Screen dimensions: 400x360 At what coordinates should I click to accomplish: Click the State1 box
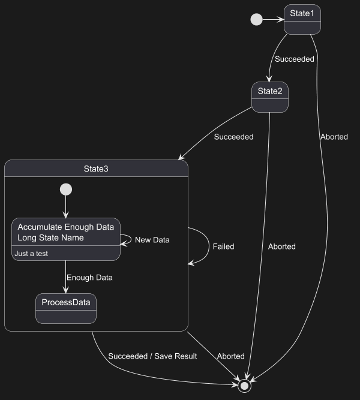(302, 19)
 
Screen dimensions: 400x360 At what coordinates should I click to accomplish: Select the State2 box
(269, 97)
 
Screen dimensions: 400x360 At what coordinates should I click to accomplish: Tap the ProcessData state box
(65, 308)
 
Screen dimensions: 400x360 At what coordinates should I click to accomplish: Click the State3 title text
(96, 169)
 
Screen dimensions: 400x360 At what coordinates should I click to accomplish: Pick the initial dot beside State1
(256, 20)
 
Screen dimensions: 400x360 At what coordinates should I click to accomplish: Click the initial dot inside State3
(66, 190)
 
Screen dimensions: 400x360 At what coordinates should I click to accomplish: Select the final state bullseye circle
(244, 386)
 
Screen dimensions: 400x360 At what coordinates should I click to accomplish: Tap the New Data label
(152, 240)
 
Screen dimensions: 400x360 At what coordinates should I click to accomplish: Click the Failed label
(223, 246)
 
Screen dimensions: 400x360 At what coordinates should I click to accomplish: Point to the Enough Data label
(89, 278)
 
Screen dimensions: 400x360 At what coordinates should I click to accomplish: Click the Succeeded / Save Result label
(152, 356)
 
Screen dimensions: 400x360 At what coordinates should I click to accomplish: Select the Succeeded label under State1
(294, 59)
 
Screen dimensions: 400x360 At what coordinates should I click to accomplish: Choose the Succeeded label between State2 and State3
(233, 137)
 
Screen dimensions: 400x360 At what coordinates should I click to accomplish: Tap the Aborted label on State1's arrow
(334, 137)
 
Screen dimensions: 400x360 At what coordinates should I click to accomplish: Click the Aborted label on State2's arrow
(281, 246)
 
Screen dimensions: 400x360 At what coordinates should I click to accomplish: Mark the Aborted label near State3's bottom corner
(230, 356)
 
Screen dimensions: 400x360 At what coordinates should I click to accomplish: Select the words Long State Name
(50, 238)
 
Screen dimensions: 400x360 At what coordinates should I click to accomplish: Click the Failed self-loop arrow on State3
(206, 246)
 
